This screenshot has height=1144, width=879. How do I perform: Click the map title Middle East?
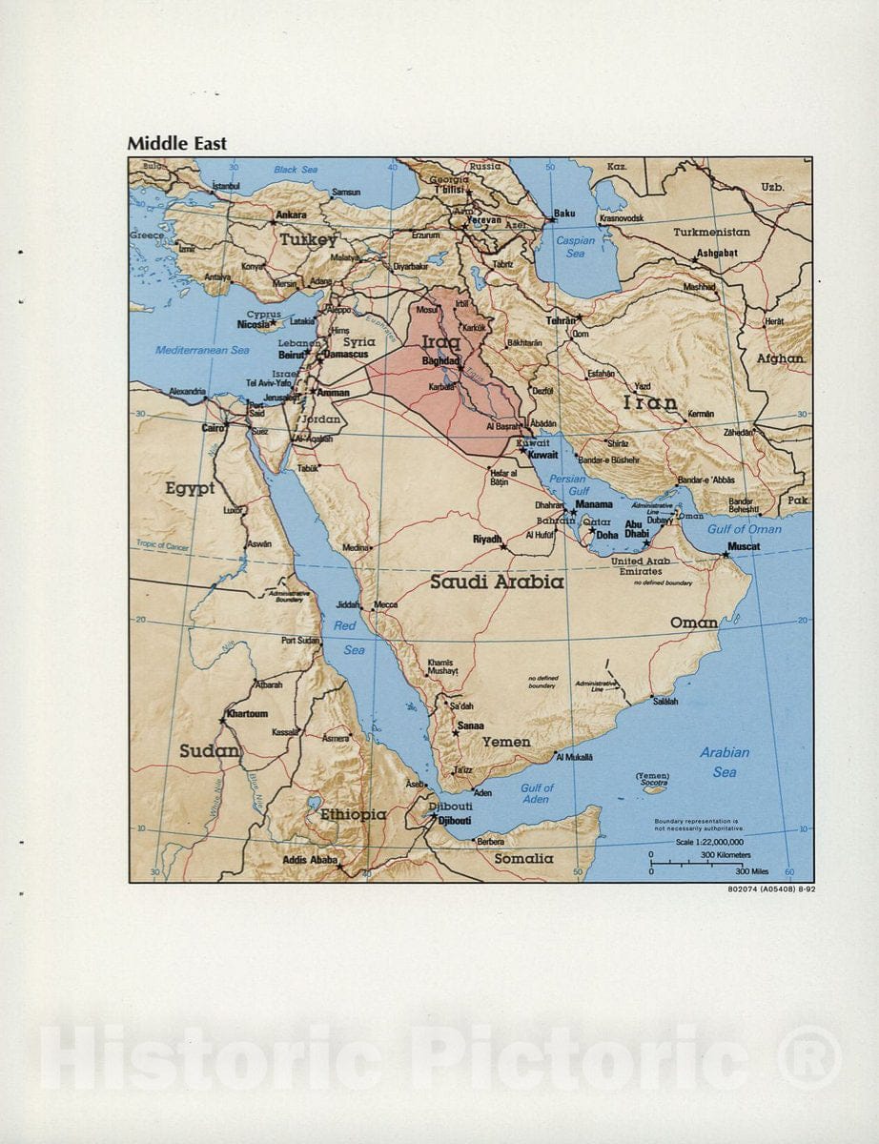(x=177, y=144)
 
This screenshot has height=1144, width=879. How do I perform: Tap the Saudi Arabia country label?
(x=496, y=581)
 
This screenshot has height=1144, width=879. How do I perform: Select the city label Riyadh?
(x=487, y=540)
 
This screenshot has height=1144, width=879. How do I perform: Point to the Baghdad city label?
(x=440, y=361)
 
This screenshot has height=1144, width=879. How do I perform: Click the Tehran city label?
(x=561, y=321)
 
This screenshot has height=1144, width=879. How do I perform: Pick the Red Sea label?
(x=349, y=638)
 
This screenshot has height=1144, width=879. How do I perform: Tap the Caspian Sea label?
(x=575, y=247)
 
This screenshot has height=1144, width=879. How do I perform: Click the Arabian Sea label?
(x=725, y=762)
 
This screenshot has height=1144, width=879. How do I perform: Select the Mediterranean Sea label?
(x=202, y=350)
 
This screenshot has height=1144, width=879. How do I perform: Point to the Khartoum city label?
(x=247, y=713)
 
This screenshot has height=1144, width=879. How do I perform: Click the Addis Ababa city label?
(x=310, y=860)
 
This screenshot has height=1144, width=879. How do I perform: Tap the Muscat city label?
(x=744, y=547)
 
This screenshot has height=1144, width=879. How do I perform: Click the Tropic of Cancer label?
(x=163, y=546)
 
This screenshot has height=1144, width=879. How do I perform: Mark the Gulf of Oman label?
(x=744, y=529)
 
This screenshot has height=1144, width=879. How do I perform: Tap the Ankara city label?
(x=291, y=215)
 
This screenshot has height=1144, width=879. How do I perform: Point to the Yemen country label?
(x=506, y=742)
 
